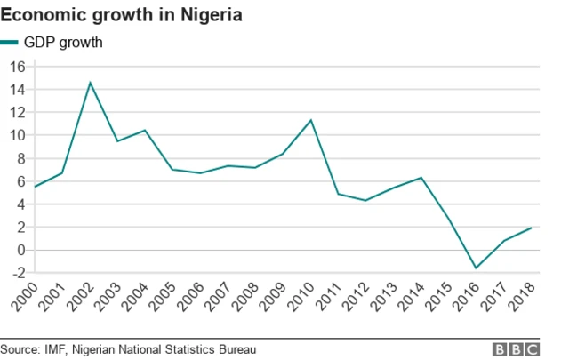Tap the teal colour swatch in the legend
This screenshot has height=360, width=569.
click(x=10, y=42)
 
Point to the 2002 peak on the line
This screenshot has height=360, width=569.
click(x=90, y=83)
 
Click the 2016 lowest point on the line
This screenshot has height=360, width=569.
click(x=477, y=268)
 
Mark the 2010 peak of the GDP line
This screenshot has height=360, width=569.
click(x=310, y=120)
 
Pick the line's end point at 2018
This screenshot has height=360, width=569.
click(x=532, y=228)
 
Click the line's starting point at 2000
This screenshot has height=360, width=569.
click(x=35, y=187)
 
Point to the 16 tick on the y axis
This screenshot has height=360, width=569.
click(x=17, y=67)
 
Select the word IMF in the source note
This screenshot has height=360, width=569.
click(x=56, y=349)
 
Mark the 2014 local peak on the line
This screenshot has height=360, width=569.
click(x=421, y=178)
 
